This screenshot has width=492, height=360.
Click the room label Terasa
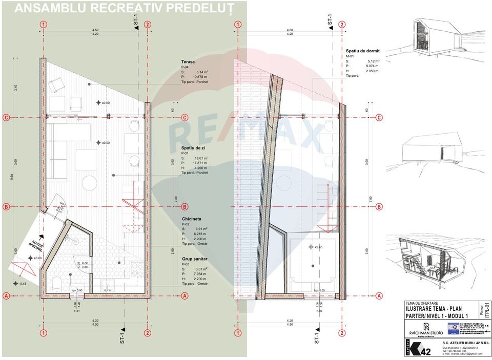[x=188, y=62]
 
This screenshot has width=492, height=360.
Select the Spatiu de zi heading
[x=193, y=148]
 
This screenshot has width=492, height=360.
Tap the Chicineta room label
[x=191, y=219]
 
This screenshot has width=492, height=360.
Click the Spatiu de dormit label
[x=363, y=51]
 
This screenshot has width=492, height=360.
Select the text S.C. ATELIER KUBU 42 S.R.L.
[x=453, y=342]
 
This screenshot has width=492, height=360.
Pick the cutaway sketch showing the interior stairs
[x=428, y=257]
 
